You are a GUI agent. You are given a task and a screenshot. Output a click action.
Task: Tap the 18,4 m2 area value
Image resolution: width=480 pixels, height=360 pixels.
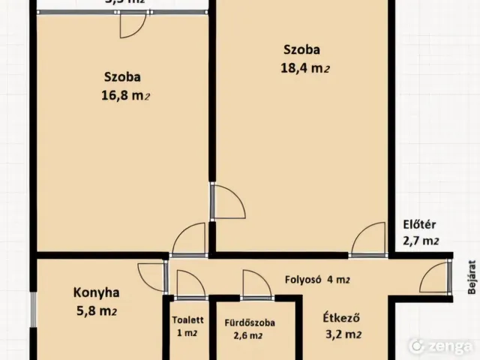[x=304, y=69]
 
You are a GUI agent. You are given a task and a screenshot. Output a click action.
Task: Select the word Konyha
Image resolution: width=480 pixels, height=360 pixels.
[x=96, y=292]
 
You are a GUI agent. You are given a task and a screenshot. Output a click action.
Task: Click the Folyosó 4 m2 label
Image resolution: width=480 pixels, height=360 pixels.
[x=317, y=280]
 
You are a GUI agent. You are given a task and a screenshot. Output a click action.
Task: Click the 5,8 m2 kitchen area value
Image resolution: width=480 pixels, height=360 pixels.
[x=95, y=310]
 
